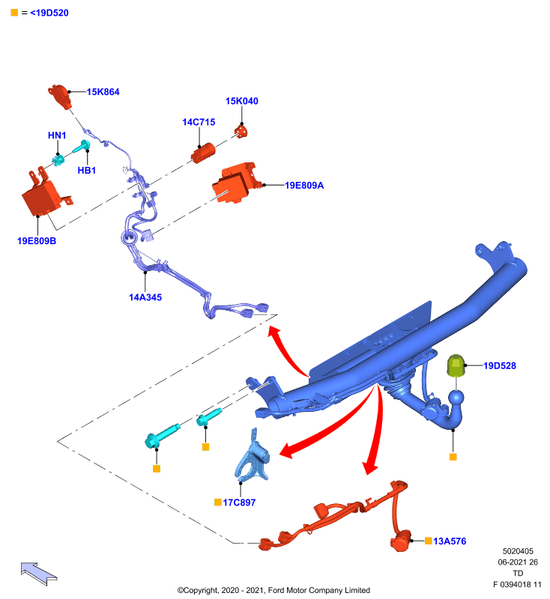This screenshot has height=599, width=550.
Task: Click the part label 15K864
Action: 103,91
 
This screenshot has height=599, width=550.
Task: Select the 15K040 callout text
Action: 241,101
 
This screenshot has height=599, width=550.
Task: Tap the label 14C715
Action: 199,122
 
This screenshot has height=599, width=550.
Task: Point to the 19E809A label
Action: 304,185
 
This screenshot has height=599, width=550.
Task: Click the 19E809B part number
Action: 37,240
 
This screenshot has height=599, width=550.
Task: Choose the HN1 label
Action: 57,136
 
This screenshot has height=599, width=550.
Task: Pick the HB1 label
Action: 87,171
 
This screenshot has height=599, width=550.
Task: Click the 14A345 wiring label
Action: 145,297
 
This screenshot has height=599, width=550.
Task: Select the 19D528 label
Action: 500,365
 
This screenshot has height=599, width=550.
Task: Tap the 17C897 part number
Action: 239,502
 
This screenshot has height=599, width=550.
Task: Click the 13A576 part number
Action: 450,541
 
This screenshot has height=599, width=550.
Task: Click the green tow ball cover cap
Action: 456,365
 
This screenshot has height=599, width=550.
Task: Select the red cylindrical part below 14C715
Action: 203,153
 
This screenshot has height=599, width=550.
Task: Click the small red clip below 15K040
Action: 241,131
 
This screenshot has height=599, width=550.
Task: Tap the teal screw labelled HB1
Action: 82,146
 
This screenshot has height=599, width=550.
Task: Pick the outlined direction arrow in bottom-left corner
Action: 39,573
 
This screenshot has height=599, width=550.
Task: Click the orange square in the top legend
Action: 14,13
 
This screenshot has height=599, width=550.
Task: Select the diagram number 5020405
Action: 518,551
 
